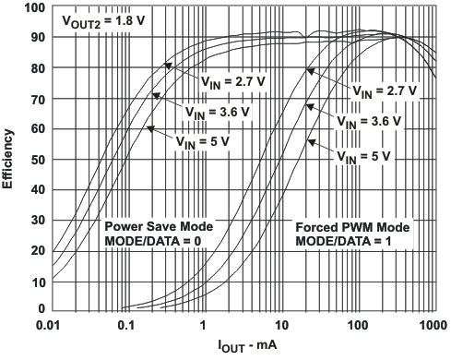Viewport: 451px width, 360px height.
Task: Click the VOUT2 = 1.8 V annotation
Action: point(101,19)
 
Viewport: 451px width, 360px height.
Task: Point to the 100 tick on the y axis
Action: point(33,8)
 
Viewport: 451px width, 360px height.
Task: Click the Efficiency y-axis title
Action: point(8,159)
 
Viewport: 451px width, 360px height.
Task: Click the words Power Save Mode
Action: point(158,226)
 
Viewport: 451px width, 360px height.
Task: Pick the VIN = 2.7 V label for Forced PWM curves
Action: point(383,91)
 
